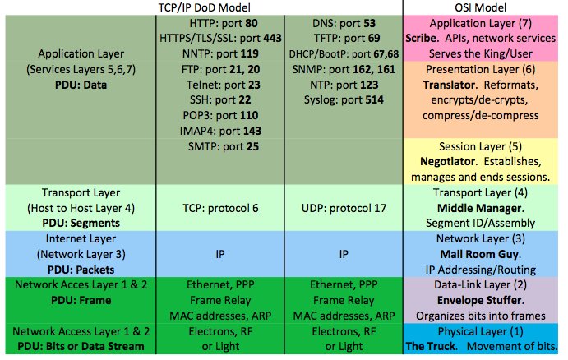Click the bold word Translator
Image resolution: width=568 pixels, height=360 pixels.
(x=451, y=85)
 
